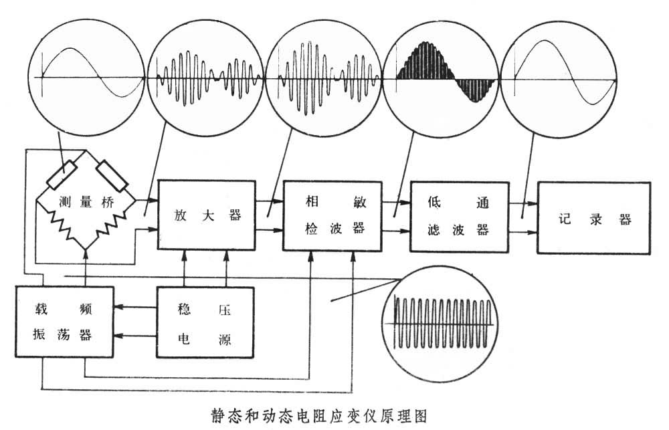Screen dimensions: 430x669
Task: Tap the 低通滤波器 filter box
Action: click(458, 217)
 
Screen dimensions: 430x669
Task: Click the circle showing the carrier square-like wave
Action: click(445, 312)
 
